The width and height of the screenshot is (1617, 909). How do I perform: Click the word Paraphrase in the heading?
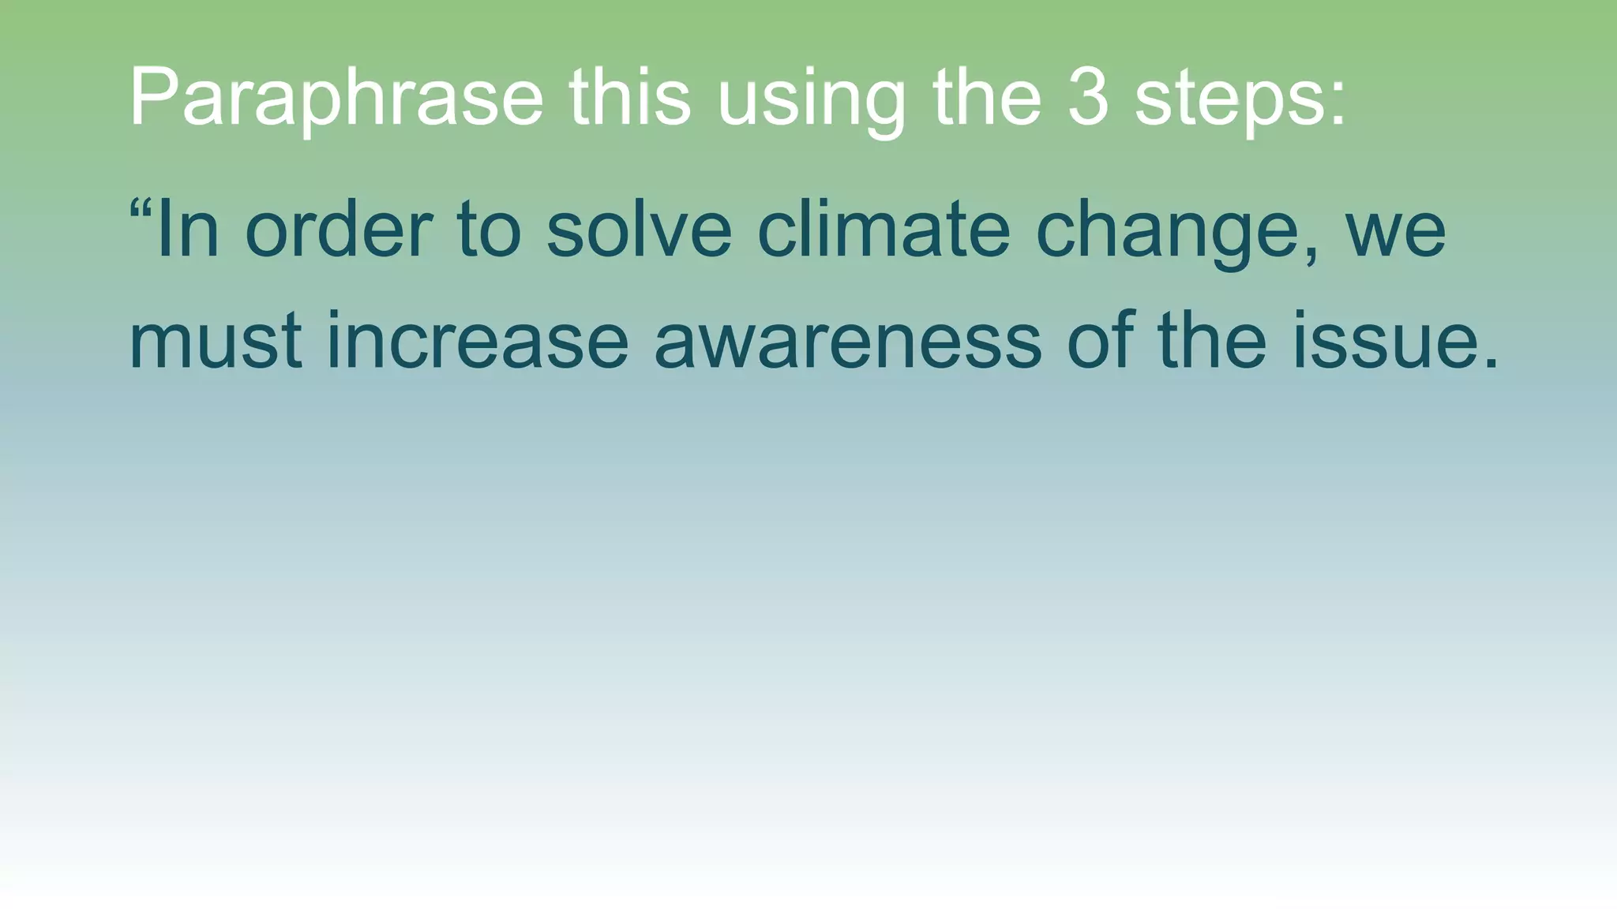[336, 98]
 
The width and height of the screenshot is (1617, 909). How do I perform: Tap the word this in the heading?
[629, 98]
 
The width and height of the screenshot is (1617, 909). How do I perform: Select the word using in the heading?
[811, 99]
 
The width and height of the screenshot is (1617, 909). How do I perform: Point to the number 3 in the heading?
[1088, 98]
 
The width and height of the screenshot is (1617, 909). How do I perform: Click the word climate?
[884, 230]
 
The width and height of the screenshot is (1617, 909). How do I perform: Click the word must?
[216, 342]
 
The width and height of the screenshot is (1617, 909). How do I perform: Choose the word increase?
[478, 342]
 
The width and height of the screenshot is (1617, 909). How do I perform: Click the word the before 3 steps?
[987, 98]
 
